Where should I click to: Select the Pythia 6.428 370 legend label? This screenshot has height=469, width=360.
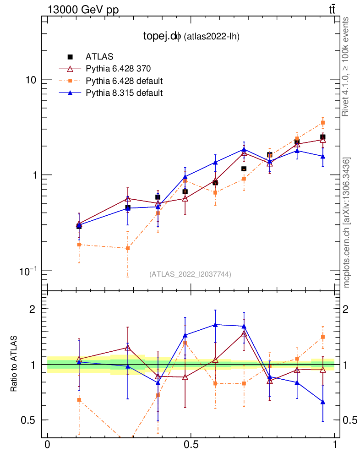(x=118, y=69)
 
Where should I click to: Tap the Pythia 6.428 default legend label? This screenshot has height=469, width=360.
(x=124, y=81)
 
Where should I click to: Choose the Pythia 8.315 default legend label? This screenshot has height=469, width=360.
(x=124, y=93)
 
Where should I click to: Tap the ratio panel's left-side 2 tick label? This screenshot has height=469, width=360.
(x=33, y=309)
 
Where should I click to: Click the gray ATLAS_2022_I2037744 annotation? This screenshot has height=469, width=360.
(x=190, y=274)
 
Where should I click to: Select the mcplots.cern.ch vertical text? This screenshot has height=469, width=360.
(x=347, y=223)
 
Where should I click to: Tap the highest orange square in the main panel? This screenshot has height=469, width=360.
(x=323, y=123)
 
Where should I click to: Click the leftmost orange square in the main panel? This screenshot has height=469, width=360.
(x=79, y=245)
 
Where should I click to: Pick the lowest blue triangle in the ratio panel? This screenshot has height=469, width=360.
(x=323, y=402)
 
